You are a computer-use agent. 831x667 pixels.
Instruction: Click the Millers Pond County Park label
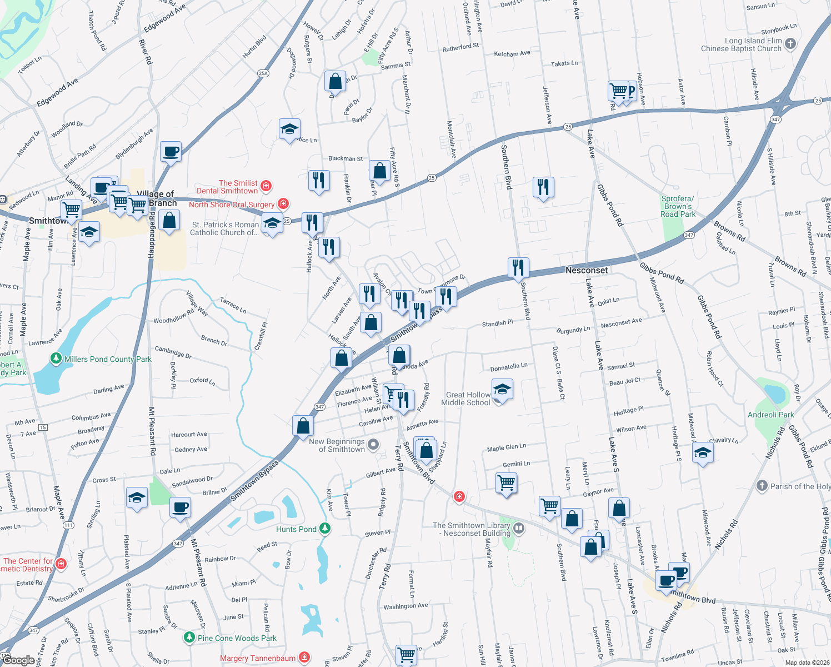(x=108, y=359)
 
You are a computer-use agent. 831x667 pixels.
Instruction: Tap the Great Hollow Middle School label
(x=466, y=399)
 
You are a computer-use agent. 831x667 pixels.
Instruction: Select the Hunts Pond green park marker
(x=326, y=528)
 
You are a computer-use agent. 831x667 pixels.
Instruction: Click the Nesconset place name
(x=587, y=270)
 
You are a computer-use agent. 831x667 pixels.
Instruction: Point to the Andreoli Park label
(x=770, y=415)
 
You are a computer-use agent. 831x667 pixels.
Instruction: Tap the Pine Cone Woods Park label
(x=237, y=638)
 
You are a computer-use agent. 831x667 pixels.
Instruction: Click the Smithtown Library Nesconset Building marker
(x=518, y=528)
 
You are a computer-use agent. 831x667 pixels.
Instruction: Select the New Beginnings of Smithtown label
(x=337, y=445)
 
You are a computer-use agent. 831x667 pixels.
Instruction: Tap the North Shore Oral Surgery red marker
(x=283, y=204)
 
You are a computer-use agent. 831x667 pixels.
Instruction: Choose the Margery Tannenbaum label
(x=258, y=658)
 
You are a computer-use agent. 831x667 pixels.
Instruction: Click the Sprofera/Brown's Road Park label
(x=678, y=206)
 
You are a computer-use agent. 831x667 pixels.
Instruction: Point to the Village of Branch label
(x=156, y=198)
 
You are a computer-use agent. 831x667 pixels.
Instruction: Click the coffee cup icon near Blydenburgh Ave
(x=171, y=151)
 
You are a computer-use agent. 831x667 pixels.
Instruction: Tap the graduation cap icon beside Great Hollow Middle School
(x=502, y=390)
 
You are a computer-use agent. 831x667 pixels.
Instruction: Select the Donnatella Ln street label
(x=509, y=367)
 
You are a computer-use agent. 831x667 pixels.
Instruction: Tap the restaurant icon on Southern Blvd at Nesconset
(x=518, y=267)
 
